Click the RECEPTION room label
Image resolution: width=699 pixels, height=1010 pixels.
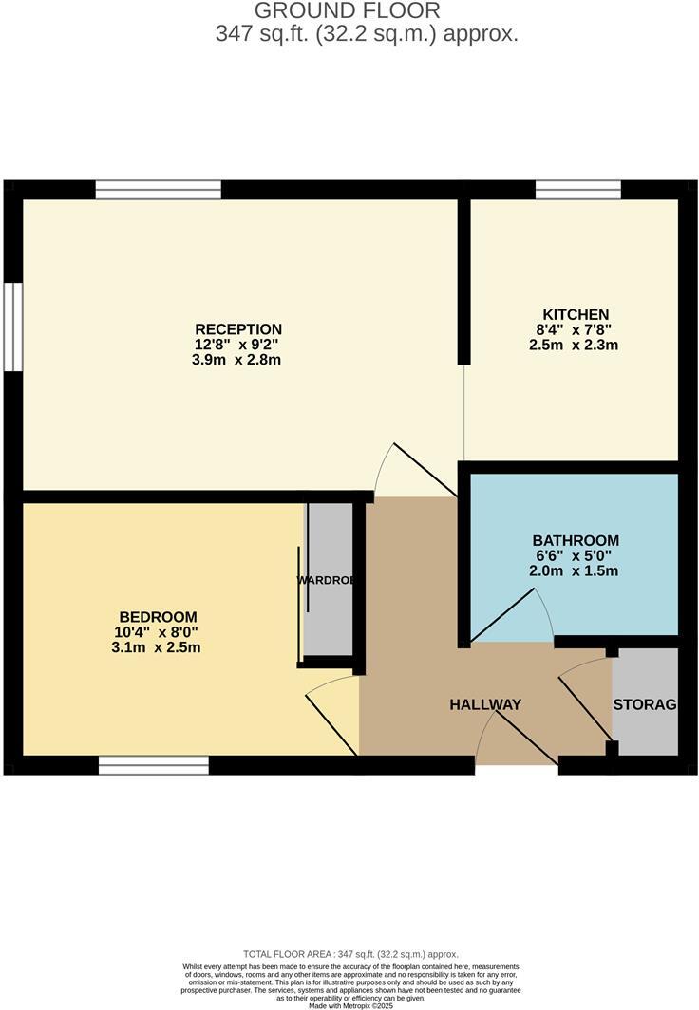click(x=238, y=329)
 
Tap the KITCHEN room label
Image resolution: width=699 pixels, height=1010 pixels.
click(x=576, y=314)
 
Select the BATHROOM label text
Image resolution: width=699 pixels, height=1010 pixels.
click(x=576, y=540)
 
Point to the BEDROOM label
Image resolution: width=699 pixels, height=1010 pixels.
click(x=158, y=616)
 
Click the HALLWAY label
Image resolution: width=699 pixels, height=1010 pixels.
click(x=485, y=704)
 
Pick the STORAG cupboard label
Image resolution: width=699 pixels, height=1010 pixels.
click(x=645, y=704)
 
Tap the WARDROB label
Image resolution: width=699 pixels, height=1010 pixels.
click(x=325, y=579)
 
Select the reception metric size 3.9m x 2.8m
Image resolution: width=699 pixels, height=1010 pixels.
click(x=237, y=360)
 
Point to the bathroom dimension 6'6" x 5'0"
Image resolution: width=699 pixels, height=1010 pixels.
click(x=576, y=556)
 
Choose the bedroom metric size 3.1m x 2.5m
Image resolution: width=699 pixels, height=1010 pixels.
click(x=156, y=647)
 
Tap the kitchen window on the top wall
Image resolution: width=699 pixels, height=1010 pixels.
click(x=578, y=190)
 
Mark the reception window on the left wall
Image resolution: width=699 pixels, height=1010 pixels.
click(x=12, y=326)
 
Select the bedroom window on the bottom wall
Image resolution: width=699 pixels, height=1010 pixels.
click(x=154, y=765)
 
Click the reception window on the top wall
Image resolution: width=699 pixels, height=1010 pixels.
click(x=159, y=190)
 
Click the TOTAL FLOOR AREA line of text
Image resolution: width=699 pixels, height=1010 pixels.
click(x=350, y=954)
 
